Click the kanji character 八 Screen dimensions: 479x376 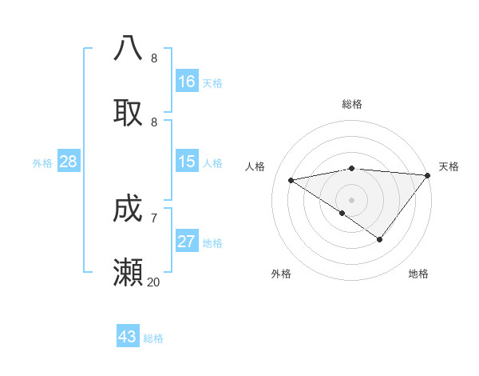pos(128,48)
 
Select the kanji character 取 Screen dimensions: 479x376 pos(128,113)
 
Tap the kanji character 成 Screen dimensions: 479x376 pos(128,210)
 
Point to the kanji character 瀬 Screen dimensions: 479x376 pos(128,274)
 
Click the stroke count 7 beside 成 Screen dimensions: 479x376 pos(154,218)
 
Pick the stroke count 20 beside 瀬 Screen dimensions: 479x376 pos(154,282)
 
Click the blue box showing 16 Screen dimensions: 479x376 pos(187,82)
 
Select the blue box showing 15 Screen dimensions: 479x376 pos(187,162)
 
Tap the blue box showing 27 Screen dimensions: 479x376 pos(187,242)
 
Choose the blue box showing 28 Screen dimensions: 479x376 pos(69,162)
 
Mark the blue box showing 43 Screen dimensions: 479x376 pos(128,337)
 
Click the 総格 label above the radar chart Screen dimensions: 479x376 pos(352,104)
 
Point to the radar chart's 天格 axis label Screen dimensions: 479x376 pos(449,166)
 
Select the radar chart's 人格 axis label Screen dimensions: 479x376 pos(255,166)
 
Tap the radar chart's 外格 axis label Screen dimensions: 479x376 pos(281,274)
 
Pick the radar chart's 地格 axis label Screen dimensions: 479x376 pos(418,274)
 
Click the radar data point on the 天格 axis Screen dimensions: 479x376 pos(428,175)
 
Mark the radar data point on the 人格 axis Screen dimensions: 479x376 pos(291,180)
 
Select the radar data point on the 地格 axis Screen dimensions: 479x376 pos(380,239)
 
